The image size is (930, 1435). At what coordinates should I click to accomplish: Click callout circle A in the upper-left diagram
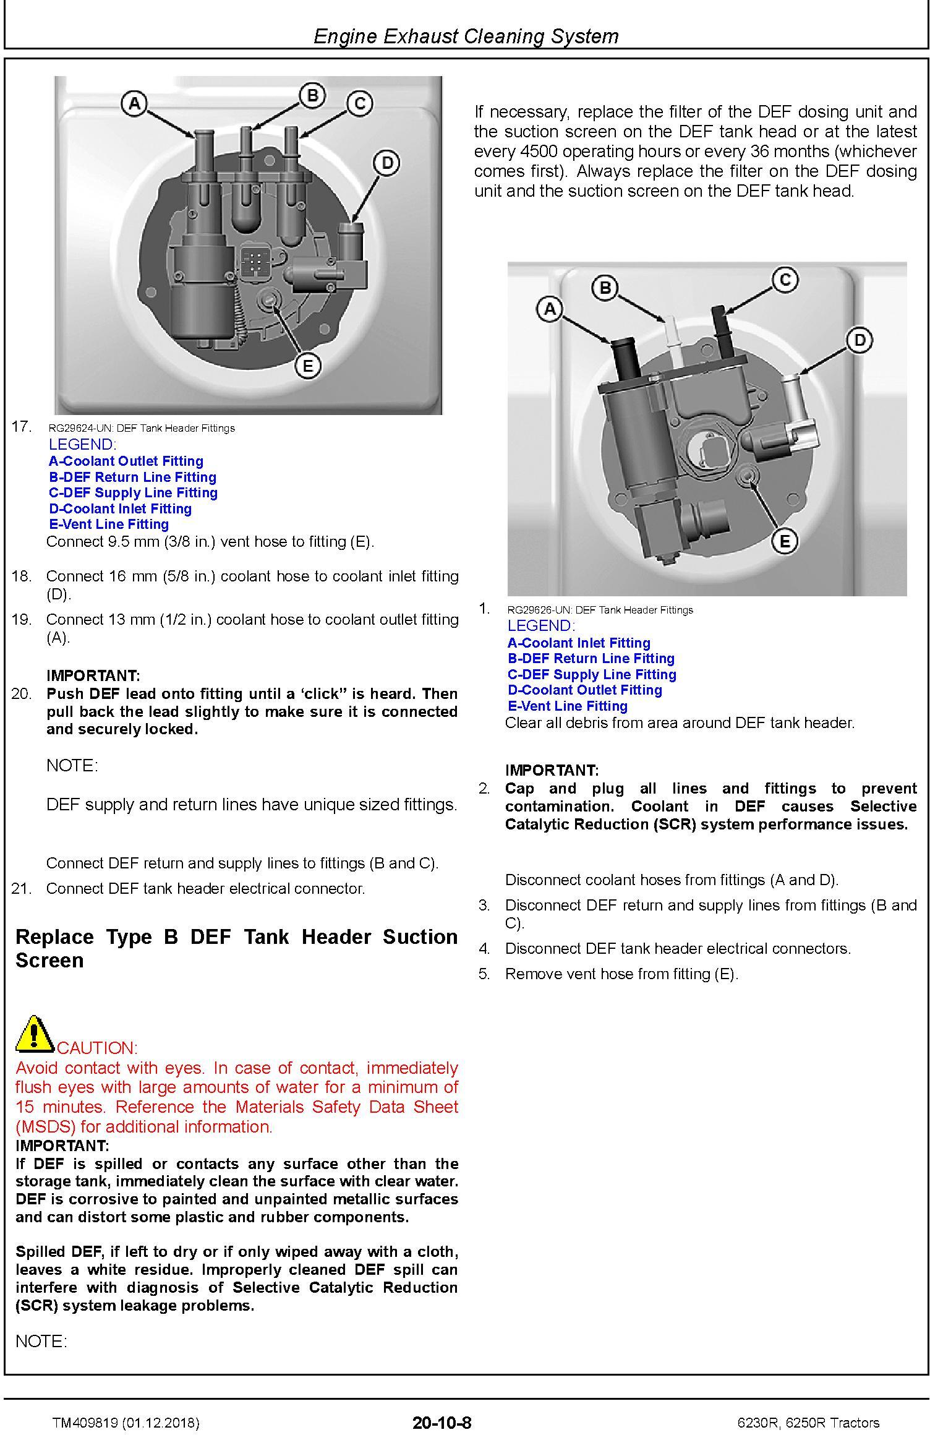pos(134,103)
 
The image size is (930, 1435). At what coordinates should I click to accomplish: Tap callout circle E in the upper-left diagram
pos(307,366)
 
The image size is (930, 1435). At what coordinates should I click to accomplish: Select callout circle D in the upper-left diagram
pos(386,163)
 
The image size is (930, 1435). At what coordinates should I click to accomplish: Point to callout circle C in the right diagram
pos(785,280)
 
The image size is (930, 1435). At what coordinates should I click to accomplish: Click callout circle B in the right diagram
pos(605,288)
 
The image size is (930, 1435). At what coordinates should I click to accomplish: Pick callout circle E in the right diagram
pos(785,542)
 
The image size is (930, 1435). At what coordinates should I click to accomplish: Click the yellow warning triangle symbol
pos(35,1034)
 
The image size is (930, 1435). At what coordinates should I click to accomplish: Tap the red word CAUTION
pos(97,1048)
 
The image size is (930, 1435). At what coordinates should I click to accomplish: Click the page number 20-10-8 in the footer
pos(442,1423)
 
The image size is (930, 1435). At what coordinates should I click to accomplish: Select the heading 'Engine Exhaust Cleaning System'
pos(466,36)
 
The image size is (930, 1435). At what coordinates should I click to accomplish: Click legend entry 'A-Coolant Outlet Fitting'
pos(126,461)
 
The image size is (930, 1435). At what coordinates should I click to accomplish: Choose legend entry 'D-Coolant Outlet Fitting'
pos(585,690)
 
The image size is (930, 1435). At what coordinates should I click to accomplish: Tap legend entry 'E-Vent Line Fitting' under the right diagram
pos(568,706)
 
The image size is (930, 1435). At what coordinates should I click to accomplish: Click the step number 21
pos(21,889)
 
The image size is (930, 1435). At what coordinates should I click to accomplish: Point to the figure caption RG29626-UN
pos(600,610)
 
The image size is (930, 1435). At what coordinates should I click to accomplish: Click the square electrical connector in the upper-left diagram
pos(254,260)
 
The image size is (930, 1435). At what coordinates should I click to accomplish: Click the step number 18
pos(21,576)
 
